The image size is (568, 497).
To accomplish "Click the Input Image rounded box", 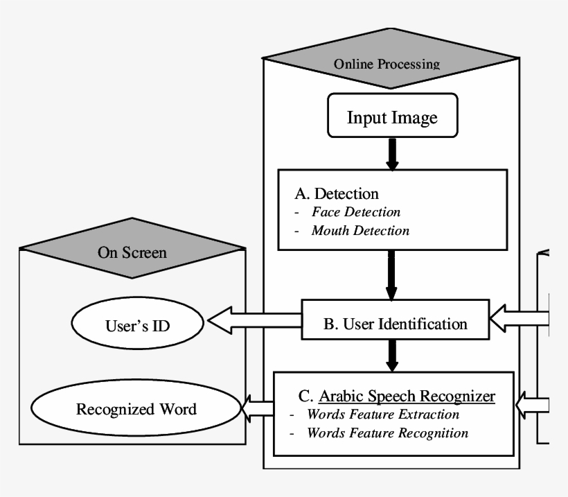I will pos(392,117).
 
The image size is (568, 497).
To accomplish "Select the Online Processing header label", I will pos(387,64).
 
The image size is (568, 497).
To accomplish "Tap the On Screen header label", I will pos(132,252).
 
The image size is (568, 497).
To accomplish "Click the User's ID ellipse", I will pos(137,324).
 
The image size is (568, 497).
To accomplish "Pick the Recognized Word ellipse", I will pos(136,409).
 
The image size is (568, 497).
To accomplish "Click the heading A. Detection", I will pos(337,193).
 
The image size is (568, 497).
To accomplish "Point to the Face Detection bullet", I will pos(355,212).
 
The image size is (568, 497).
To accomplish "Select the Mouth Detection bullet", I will pos(360,230).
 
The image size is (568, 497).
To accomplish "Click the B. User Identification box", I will pos(396,323).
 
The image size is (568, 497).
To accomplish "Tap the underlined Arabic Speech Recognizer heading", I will pos(407,396).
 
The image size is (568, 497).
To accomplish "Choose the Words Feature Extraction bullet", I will pos(383,415).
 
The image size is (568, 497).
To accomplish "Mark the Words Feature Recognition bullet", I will pos(387,433).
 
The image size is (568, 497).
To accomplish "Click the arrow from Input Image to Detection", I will pos(392,154).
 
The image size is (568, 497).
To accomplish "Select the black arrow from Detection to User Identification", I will pos(392,274).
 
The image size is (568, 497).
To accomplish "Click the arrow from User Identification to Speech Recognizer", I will pos(392,355).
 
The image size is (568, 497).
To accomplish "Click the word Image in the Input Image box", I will pos(415,118).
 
